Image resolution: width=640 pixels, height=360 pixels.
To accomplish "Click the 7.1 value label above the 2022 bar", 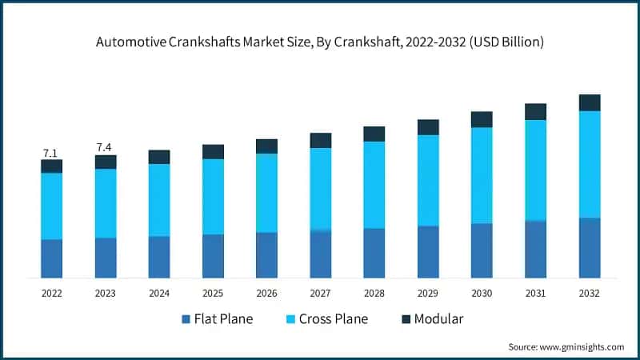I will point(51,153).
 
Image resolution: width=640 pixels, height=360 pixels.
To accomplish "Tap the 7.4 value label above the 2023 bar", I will point(105,147).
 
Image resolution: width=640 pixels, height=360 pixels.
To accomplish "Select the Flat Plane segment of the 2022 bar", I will point(52,258).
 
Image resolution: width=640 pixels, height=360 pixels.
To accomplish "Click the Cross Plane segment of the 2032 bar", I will point(590,164).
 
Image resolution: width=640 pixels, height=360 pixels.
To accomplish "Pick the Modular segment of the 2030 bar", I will point(482,119).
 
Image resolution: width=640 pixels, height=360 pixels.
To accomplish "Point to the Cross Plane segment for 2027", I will point(321,189).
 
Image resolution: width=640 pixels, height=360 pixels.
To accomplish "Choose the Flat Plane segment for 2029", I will point(428,252).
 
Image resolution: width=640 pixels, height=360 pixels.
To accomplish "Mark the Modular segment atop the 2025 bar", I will point(213,152).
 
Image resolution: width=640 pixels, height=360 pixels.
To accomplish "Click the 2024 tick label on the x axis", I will point(159,294).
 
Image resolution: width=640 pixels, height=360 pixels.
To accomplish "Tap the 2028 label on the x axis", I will point(374,294).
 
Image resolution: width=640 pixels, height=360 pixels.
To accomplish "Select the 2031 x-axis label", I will point(535,294).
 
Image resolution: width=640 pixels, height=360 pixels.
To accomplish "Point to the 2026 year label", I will point(266,294).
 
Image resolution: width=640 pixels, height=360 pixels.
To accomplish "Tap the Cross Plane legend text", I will point(333,319).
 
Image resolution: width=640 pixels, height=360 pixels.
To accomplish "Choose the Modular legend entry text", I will point(439,319).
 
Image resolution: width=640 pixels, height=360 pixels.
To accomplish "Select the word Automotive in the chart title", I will point(131,42).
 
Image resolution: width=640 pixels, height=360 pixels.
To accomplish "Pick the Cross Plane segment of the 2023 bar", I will point(106,203).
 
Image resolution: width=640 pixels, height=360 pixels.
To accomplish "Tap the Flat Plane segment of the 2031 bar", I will point(535,249).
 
